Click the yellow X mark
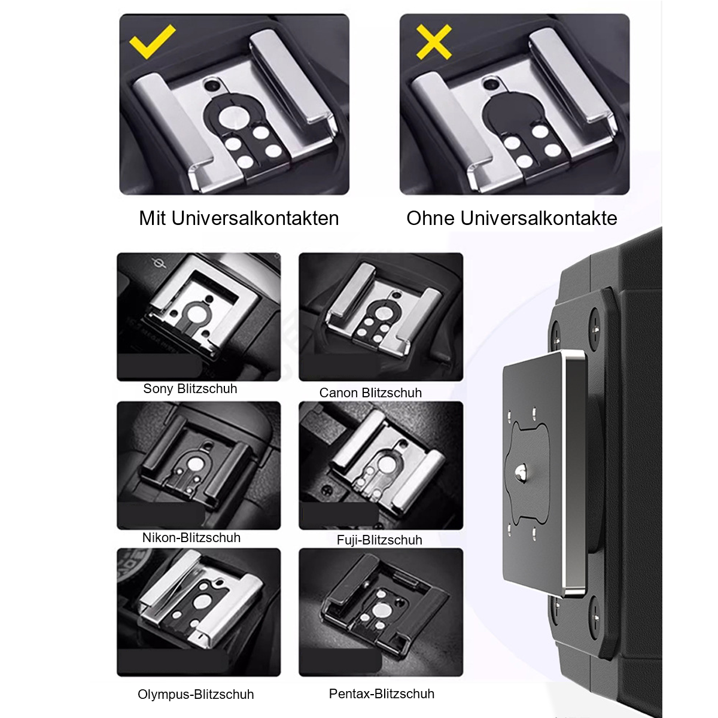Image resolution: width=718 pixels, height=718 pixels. point(434,42)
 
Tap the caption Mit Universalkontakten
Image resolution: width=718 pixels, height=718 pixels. point(239,218)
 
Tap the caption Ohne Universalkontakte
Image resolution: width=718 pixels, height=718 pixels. point(512,218)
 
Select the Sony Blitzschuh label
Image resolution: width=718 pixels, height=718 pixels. point(190,389)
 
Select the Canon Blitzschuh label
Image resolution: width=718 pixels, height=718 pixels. point(370,393)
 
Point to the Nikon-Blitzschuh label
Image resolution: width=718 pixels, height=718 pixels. point(191,538)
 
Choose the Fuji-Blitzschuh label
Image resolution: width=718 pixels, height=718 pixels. point(379,540)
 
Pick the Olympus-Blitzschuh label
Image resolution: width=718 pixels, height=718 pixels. point(196,695)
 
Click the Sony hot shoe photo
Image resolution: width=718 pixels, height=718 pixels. point(199,317)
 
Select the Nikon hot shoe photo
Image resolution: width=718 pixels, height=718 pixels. point(199,466)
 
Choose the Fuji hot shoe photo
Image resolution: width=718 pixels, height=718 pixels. point(381,466)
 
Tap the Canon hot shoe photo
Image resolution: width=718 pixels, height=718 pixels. point(381,317)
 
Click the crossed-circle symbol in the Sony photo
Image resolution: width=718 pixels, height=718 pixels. point(160,264)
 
